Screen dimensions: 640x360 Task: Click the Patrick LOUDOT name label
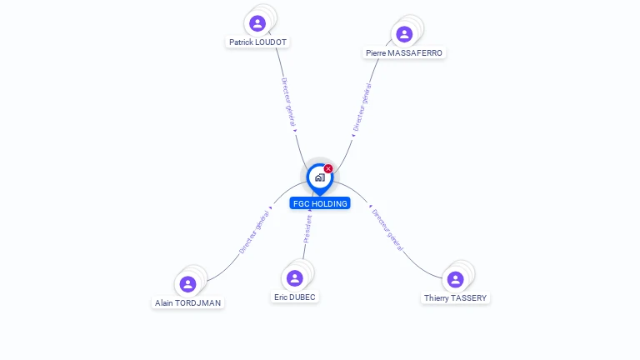point(259,42)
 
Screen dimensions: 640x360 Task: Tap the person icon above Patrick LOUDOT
point(257,23)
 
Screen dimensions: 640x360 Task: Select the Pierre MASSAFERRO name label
point(405,52)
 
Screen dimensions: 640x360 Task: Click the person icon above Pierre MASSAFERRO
point(404,34)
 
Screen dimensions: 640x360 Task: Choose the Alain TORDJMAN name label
point(188,302)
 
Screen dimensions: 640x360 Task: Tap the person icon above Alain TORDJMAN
point(188,284)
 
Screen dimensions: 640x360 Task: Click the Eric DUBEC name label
point(295,297)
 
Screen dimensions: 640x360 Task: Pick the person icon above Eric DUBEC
point(294,277)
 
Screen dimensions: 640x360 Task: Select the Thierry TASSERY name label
point(455,297)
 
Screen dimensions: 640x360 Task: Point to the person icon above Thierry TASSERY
point(455,279)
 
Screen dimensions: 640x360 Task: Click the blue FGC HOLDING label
point(320,203)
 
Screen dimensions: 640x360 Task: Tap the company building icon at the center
point(319,177)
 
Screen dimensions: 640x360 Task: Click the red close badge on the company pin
point(328,168)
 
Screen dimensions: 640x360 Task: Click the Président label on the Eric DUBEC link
point(307,228)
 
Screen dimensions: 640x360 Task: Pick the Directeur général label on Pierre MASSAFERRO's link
point(362,107)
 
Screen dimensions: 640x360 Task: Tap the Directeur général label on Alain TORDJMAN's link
point(255,231)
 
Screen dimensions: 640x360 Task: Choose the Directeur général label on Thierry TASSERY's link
point(388,229)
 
